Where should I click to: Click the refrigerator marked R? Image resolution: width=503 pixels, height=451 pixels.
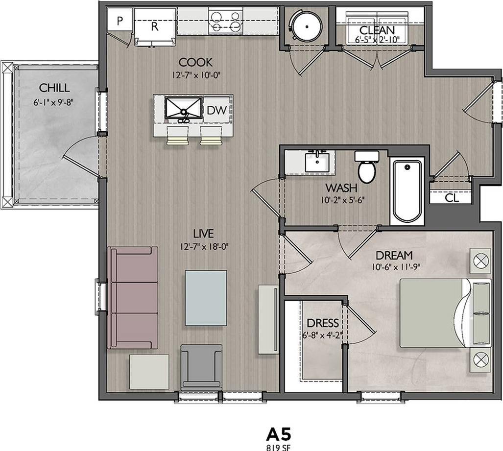pos(154,27)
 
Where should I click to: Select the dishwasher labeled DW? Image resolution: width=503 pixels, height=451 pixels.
pos(216,111)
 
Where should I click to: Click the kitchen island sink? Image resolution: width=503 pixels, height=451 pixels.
pos(183,108)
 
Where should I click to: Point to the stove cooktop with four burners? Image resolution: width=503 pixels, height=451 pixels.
pos(225,22)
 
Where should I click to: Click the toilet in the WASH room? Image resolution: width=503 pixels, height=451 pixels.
pos(366,167)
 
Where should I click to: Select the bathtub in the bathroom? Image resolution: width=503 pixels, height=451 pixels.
pos(407,190)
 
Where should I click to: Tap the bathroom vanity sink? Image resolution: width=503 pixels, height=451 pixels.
pos(316,162)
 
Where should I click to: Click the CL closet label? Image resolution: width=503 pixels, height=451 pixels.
pos(451,198)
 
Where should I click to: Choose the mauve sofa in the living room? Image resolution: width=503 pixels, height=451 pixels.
pos(133,297)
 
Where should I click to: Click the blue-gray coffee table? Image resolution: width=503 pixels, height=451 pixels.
pos(206,298)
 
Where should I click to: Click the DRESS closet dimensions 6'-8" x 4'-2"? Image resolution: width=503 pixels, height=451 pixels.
pos(323,336)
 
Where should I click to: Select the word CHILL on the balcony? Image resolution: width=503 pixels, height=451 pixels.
pos(54,88)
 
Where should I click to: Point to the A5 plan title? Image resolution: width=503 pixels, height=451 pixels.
pos(279,434)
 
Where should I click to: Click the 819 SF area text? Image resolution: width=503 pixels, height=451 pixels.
pos(279,447)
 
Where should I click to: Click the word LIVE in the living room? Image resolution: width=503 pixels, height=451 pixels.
pos(203,234)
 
